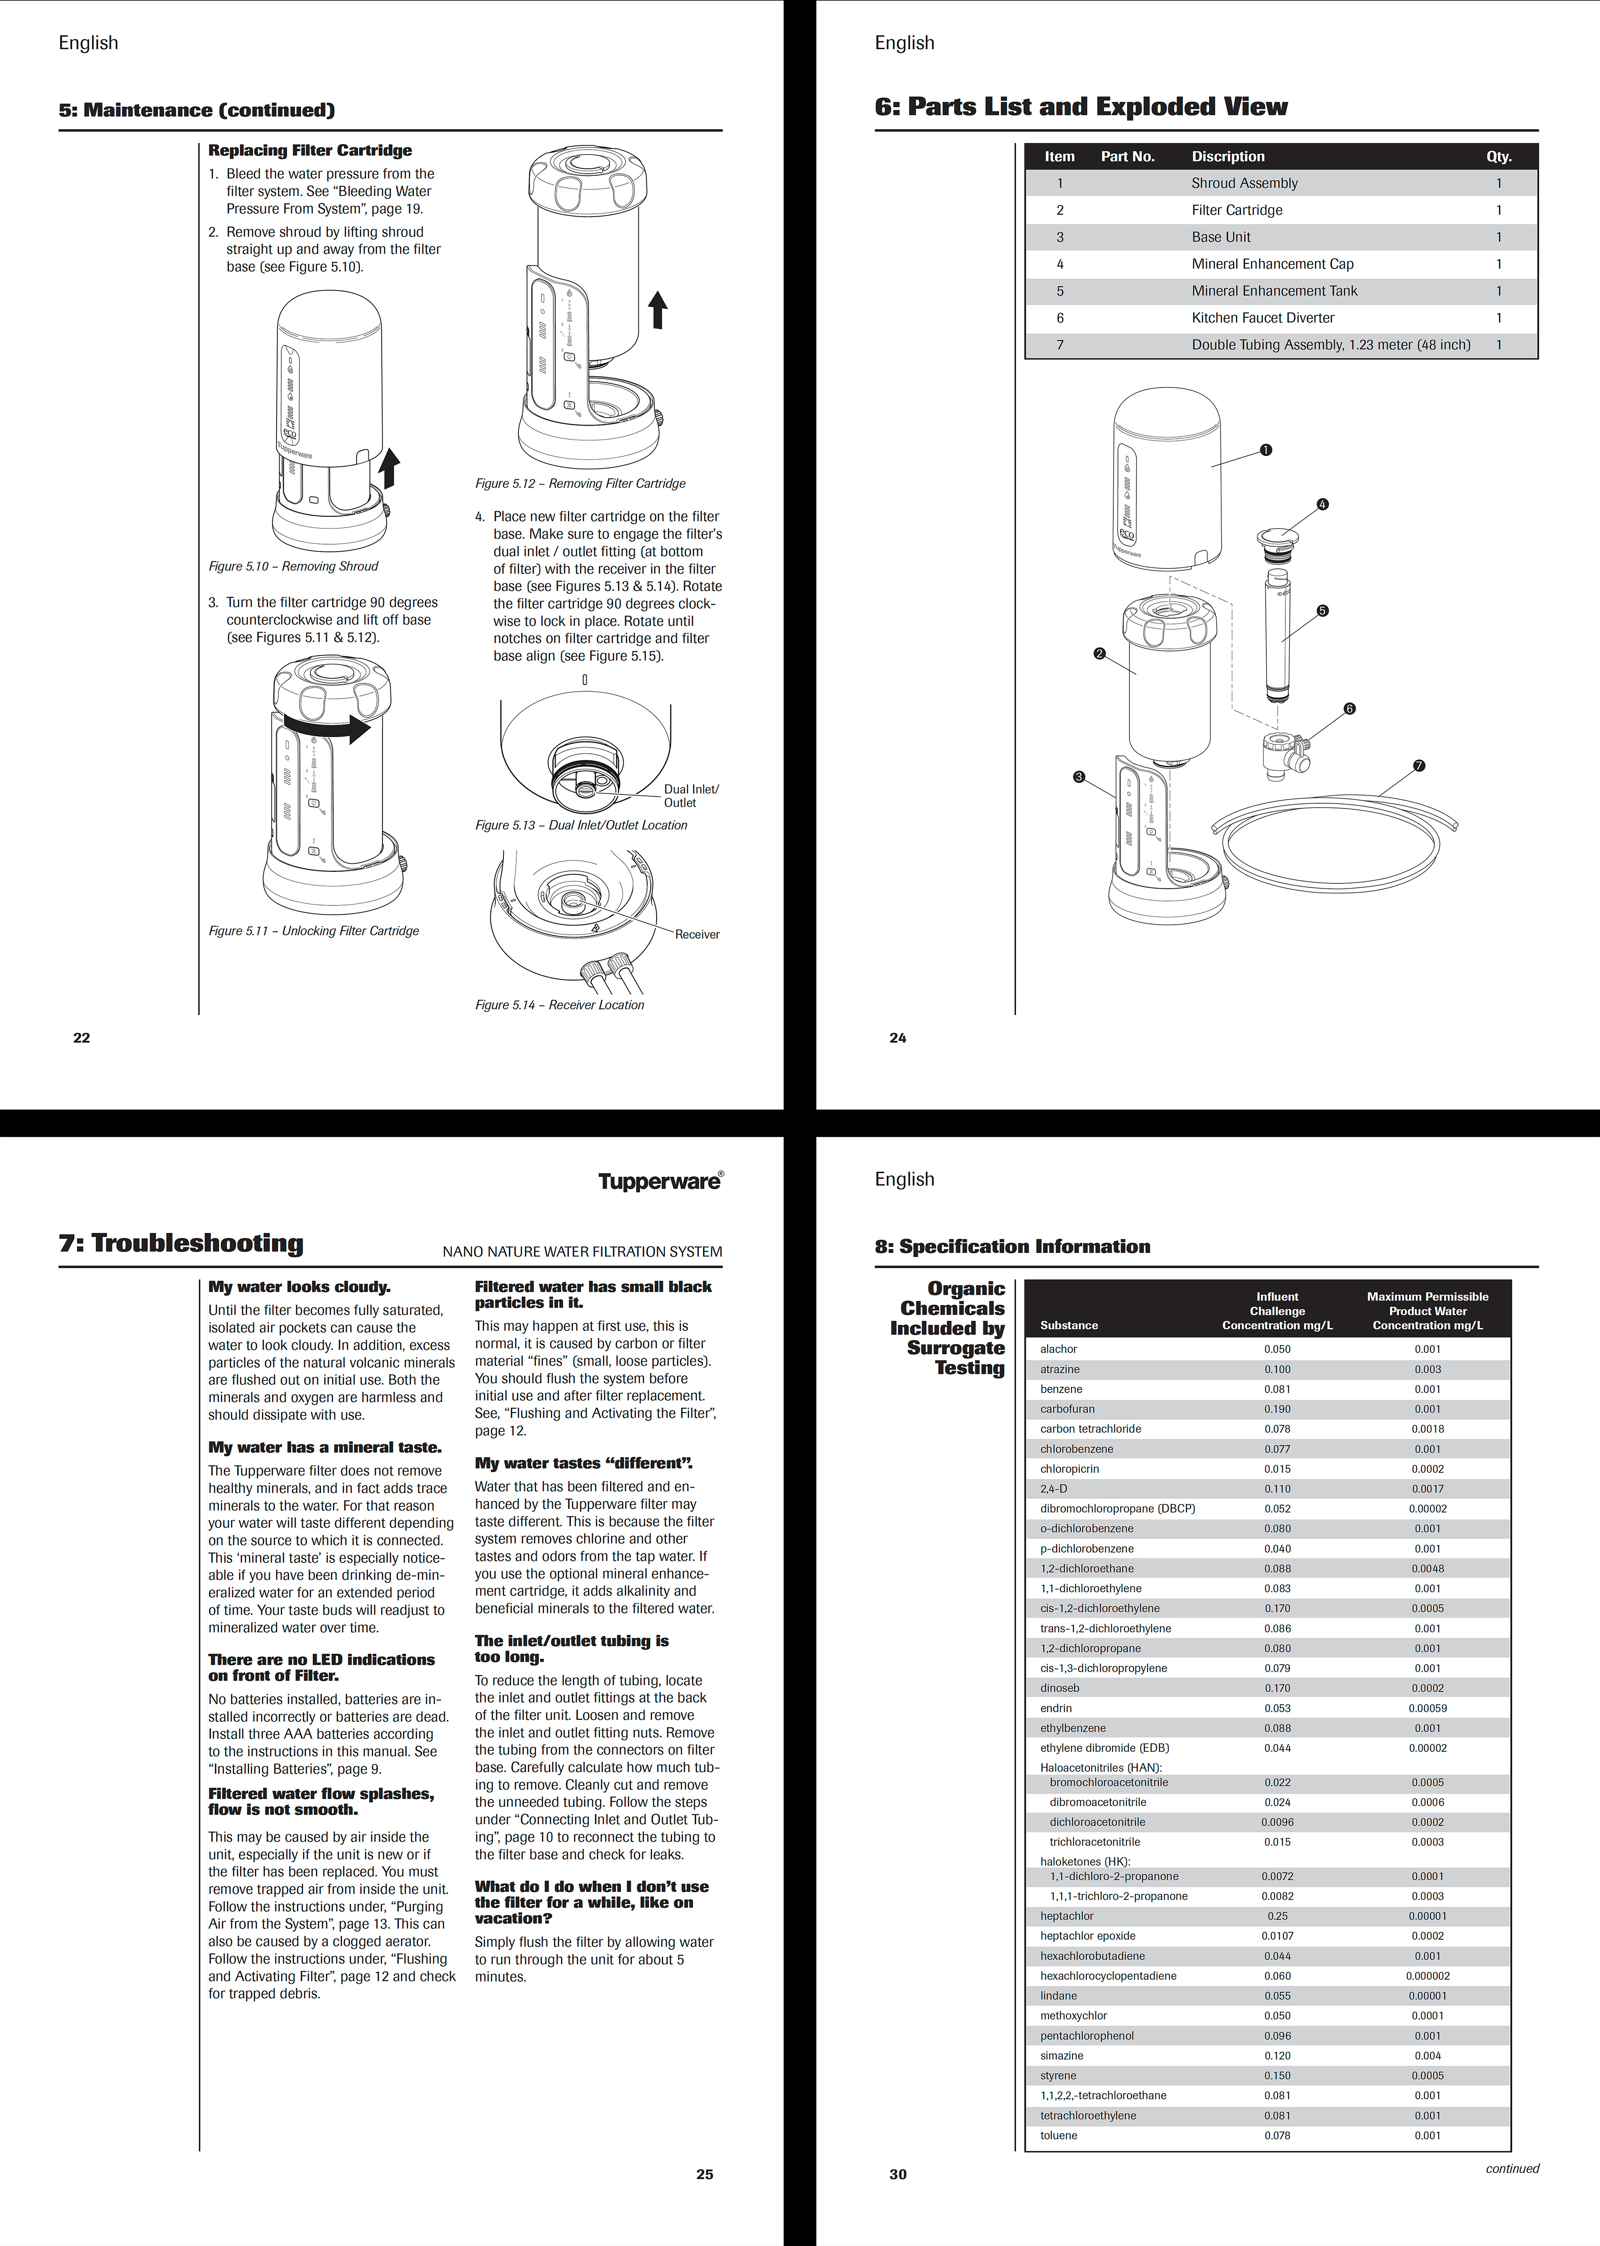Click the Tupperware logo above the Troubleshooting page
660,1181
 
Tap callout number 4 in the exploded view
1322,504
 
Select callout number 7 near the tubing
1419,765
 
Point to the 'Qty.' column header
1498,157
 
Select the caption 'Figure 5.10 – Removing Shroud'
292,566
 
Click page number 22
82,1037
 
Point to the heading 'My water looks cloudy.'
298,1286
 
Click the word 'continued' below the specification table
1511,2168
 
